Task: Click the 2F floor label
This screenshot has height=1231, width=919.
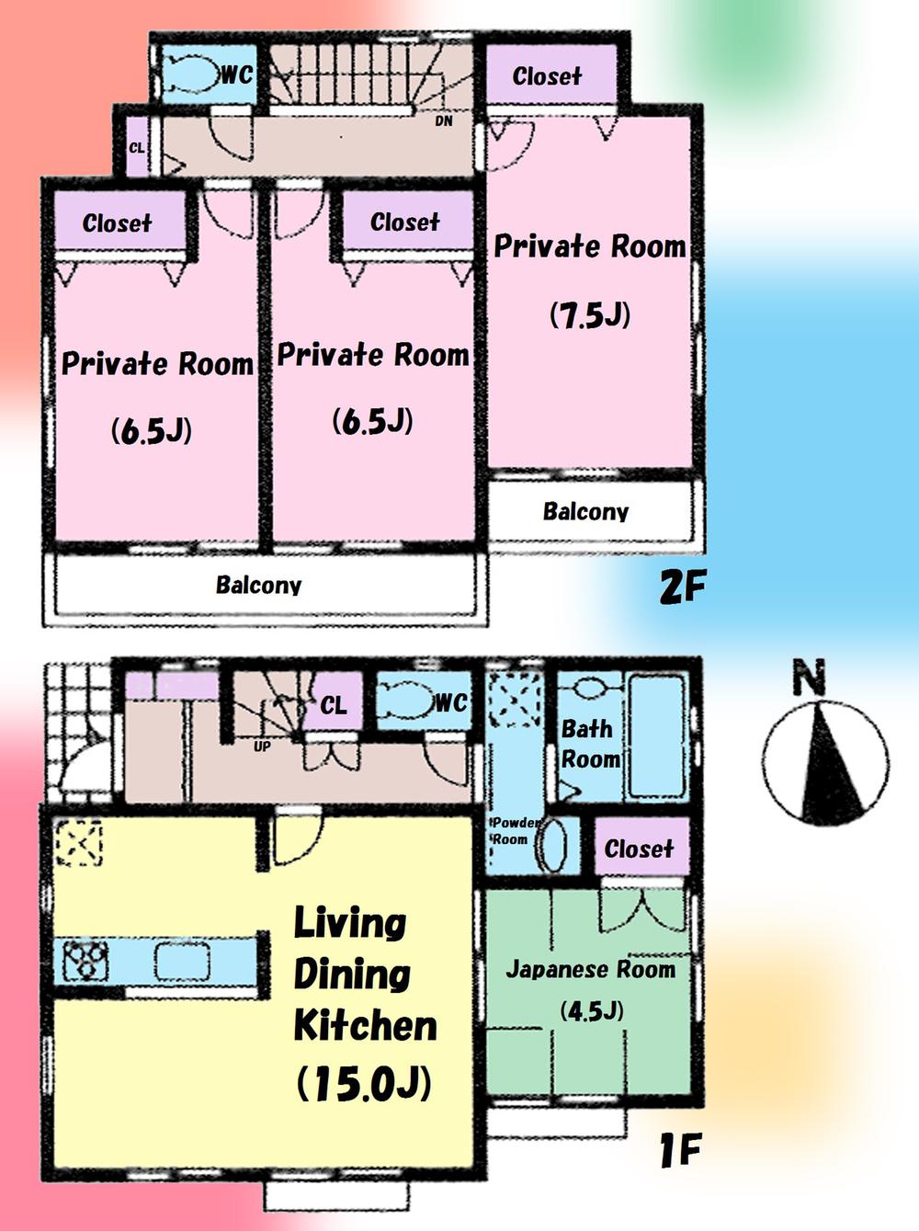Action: pos(682,587)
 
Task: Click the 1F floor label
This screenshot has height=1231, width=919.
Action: pos(681,1149)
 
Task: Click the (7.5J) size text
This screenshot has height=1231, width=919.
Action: pos(590,315)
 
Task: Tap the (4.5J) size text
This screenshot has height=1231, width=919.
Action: pos(592,1011)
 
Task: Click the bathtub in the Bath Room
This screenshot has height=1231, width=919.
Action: pos(656,735)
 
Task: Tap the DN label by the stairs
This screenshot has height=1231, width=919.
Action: pos(444,121)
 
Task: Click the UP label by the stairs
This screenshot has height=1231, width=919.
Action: pos(262,747)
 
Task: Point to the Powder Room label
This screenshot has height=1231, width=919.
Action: pos(512,830)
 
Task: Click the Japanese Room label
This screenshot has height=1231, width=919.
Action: pos(590,969)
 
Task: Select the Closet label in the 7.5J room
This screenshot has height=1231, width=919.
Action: pos(547,75)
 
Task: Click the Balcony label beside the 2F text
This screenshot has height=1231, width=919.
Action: pos(585,511)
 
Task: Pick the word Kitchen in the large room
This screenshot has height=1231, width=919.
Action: pos(365,1025)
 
